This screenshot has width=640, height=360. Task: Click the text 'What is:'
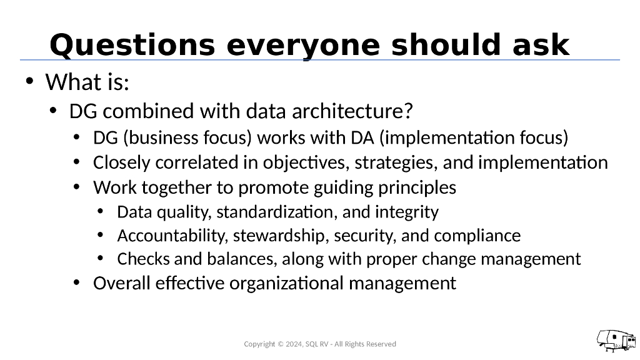pos(87,82)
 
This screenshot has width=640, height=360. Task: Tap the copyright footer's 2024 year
pos(292,344)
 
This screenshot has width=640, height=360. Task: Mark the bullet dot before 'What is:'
pos(29,81)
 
